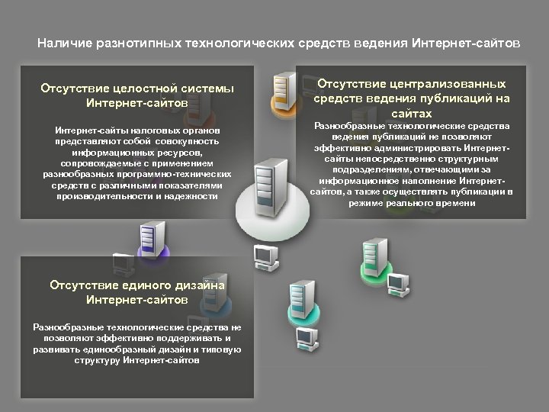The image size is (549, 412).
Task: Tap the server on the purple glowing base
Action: (150, 237)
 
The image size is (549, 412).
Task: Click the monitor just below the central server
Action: (264, 256)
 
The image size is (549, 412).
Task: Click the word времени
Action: (454, 204)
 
